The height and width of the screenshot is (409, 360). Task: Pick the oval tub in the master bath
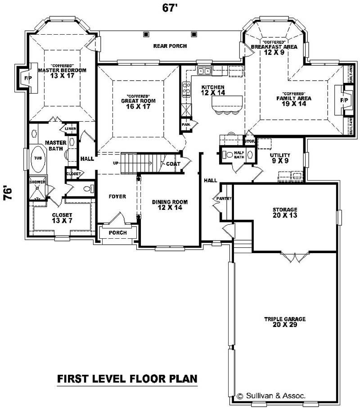pyautogui.click(x=37, y=159)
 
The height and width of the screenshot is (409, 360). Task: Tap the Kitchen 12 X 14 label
pyautogui.click(x=210, y=90)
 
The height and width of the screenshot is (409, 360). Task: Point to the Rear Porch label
pyautogui.click(x=170, y=46)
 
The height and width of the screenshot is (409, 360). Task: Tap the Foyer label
pyautogui.click(x=117, y=196)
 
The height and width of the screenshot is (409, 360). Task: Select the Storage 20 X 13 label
pyautogui.click(x=284, y=212)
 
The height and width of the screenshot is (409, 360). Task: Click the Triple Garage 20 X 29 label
pyautogui.click(x=284, y=322)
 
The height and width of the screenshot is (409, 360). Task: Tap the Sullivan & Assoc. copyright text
pyautogui.click(x=271, y=395)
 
